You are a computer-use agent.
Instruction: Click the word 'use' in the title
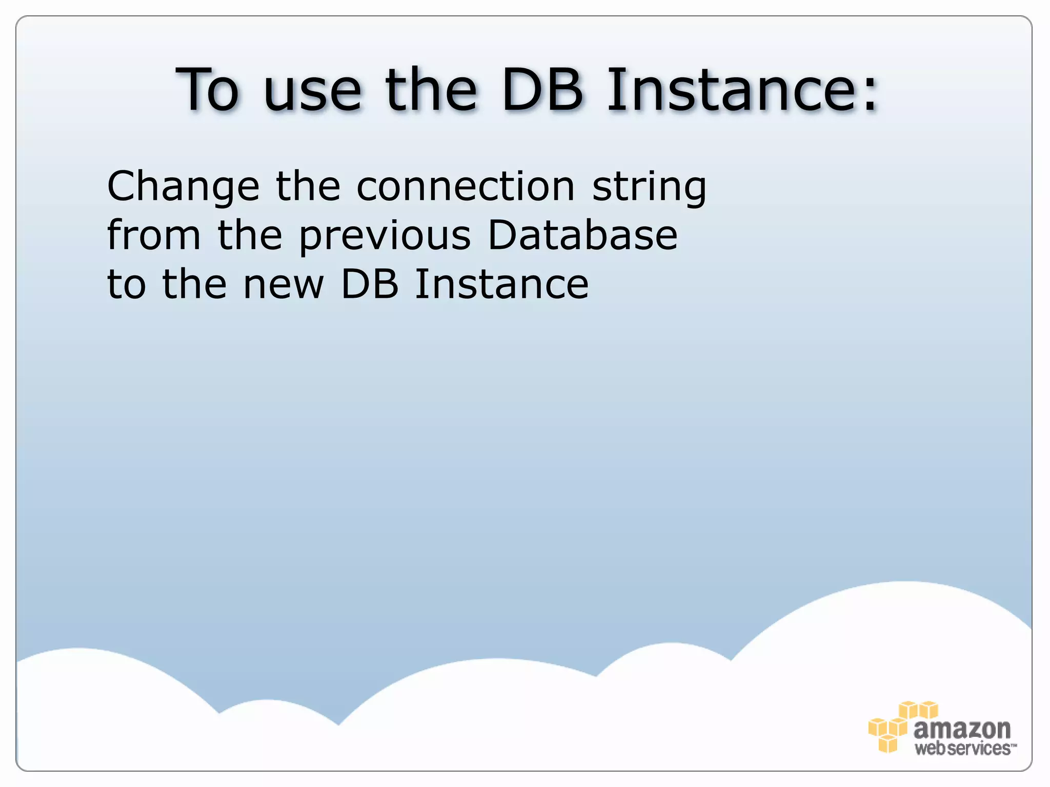tap(312, 91)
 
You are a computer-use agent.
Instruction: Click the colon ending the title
tap(870, 95)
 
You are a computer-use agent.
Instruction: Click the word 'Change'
tap(183, 187)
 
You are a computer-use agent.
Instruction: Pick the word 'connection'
tap(466, 186)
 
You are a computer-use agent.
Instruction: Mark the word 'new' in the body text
tap(284, 285)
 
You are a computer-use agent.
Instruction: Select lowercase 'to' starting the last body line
tap(126, 285)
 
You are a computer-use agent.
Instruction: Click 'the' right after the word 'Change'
tap(308, 186)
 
